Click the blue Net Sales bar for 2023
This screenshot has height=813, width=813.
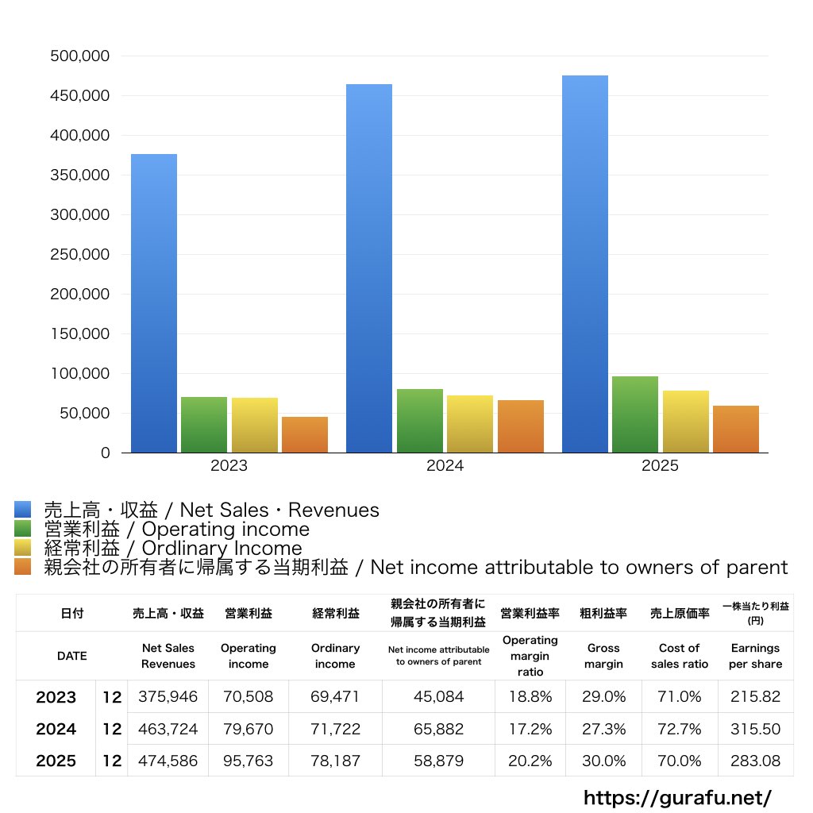pos(154,303)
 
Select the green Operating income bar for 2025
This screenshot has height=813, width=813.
pos(635,414)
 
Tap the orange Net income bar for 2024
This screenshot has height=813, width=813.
pos(521,426)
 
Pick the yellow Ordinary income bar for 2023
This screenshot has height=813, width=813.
pos(255,426)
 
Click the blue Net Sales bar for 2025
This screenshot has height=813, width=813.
pos(585,264)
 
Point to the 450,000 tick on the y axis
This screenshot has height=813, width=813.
pos(80,95)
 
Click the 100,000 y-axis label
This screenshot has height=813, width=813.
pos(80,373)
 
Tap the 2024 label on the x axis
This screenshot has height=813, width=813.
pos(445,465)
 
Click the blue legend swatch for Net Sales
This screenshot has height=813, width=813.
pos(23,509)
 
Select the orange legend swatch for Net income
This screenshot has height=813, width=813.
pos(23,567)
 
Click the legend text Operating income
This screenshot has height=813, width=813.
pos(225,529)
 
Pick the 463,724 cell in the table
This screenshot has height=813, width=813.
pos(168,729)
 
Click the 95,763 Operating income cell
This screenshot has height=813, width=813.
pos(248,760)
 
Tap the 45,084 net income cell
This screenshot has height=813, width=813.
pos(438,696)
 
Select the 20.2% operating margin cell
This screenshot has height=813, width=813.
pos(530,760)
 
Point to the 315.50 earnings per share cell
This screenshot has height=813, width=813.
pos(756,729)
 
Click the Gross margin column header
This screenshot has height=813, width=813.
pos(603,656)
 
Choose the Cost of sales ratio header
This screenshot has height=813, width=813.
pos(680,656)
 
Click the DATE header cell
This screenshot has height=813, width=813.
pos(72,656)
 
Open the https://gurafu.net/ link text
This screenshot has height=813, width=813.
pos(678,797)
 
